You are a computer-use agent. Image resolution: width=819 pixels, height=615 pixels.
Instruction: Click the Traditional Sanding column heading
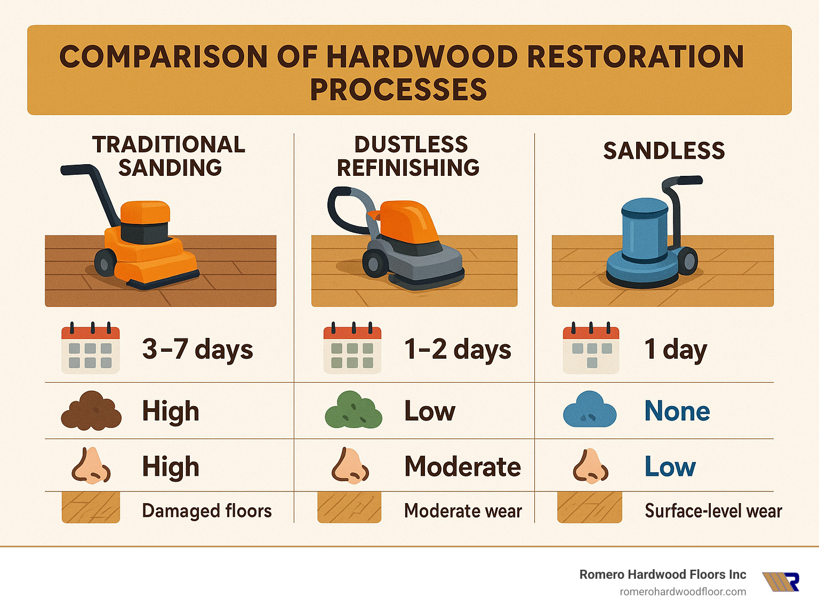[168, 156]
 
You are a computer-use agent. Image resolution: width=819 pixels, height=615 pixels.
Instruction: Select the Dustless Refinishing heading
[409, 156]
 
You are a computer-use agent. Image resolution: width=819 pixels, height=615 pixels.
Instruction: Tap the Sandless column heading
[664, 151]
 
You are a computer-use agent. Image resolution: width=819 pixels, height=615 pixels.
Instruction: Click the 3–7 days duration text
[197, 350]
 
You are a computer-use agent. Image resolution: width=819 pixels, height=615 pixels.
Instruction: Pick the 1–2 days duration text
[457, 350]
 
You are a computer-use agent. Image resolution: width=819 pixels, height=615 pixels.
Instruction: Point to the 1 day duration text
[675, 350]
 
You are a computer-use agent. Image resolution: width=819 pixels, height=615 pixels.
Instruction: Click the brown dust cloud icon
[91, 411]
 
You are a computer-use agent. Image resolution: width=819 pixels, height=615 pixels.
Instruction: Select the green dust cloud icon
[354, 410]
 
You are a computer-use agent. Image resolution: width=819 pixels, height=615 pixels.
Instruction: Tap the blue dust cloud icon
[590, 410]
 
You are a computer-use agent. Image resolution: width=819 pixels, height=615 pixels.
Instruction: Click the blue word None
[677, 411]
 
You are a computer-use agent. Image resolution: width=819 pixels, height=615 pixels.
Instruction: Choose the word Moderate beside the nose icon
[462, 466]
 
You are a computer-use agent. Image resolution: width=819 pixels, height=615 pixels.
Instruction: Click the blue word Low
[670, 466]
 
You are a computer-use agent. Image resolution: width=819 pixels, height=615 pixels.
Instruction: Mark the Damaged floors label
[207, 511]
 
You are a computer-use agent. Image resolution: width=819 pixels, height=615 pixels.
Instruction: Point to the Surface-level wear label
[713, 511]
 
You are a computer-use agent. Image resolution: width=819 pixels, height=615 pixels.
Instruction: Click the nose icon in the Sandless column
[590, 466]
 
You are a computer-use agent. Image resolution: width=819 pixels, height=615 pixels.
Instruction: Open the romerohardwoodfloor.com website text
[682, 592]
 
